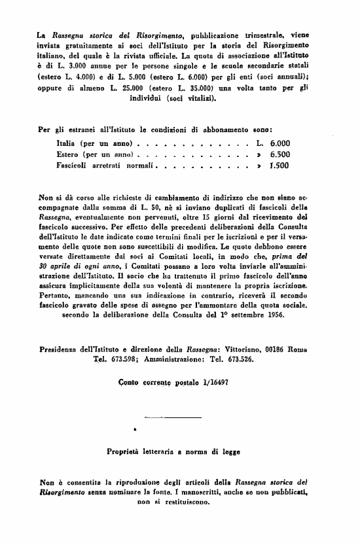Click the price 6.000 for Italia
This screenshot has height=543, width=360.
(279, 143)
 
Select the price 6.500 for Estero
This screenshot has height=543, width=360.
(279, 154)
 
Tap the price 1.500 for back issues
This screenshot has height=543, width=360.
(279, 166)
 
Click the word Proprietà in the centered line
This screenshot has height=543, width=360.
(126, 451)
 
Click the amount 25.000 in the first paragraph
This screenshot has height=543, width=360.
(126, 87)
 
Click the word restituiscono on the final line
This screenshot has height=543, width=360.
(191, 502)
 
